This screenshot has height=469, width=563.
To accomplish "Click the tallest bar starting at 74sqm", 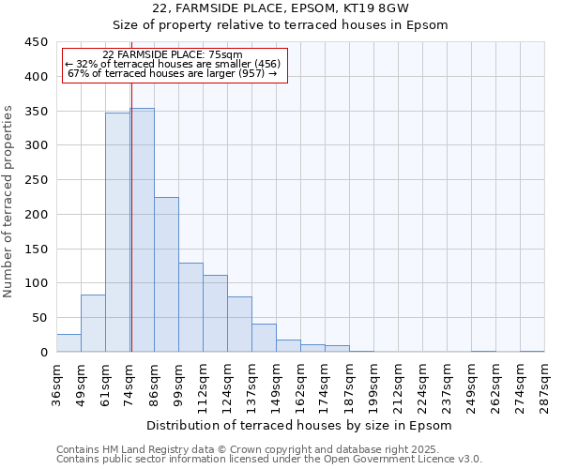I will click(143, 230).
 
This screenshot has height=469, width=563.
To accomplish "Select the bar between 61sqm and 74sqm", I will click(117, 233).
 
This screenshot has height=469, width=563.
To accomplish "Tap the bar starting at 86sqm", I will click(166, 275).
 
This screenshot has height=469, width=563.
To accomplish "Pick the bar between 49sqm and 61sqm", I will click(93, 324).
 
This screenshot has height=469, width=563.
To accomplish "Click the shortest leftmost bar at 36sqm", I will click(68, 343).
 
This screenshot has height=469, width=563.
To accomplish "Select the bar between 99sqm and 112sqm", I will click(190, 308).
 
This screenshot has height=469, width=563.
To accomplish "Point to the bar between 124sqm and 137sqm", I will click(239, 325).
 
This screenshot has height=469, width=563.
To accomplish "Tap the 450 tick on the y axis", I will click(38, 42).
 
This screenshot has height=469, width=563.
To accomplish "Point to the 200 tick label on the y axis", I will click(38, 215).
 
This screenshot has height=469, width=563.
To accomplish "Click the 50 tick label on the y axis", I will click(41, 318).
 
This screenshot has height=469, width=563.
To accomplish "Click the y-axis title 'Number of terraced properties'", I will click(9, 201).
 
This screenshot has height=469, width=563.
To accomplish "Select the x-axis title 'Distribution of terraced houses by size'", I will click(300, 425).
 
